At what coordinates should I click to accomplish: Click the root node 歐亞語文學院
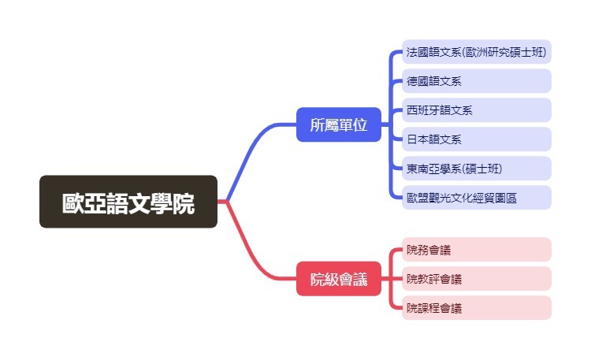(128, 202)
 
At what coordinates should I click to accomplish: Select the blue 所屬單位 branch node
(339, 124)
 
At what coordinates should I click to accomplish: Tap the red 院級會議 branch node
(339, 279)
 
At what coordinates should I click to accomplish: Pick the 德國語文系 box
(476, 81)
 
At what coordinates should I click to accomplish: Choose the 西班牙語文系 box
(476, 110)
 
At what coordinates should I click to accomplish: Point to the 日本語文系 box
(476, 139)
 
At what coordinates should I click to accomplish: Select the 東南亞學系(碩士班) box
(476, 169)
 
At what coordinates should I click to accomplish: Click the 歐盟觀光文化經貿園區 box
(476, 198)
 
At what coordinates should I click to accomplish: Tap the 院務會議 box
(476, 250)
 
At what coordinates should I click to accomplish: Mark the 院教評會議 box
(476, 279)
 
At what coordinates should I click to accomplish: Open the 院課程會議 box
(476, 308)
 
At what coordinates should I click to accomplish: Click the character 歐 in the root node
(73, 202)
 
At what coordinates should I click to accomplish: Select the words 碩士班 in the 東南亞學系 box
(482, 169)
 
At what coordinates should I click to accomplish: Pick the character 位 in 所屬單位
(360, 124)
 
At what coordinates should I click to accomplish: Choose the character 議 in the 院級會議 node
(360, 279)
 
